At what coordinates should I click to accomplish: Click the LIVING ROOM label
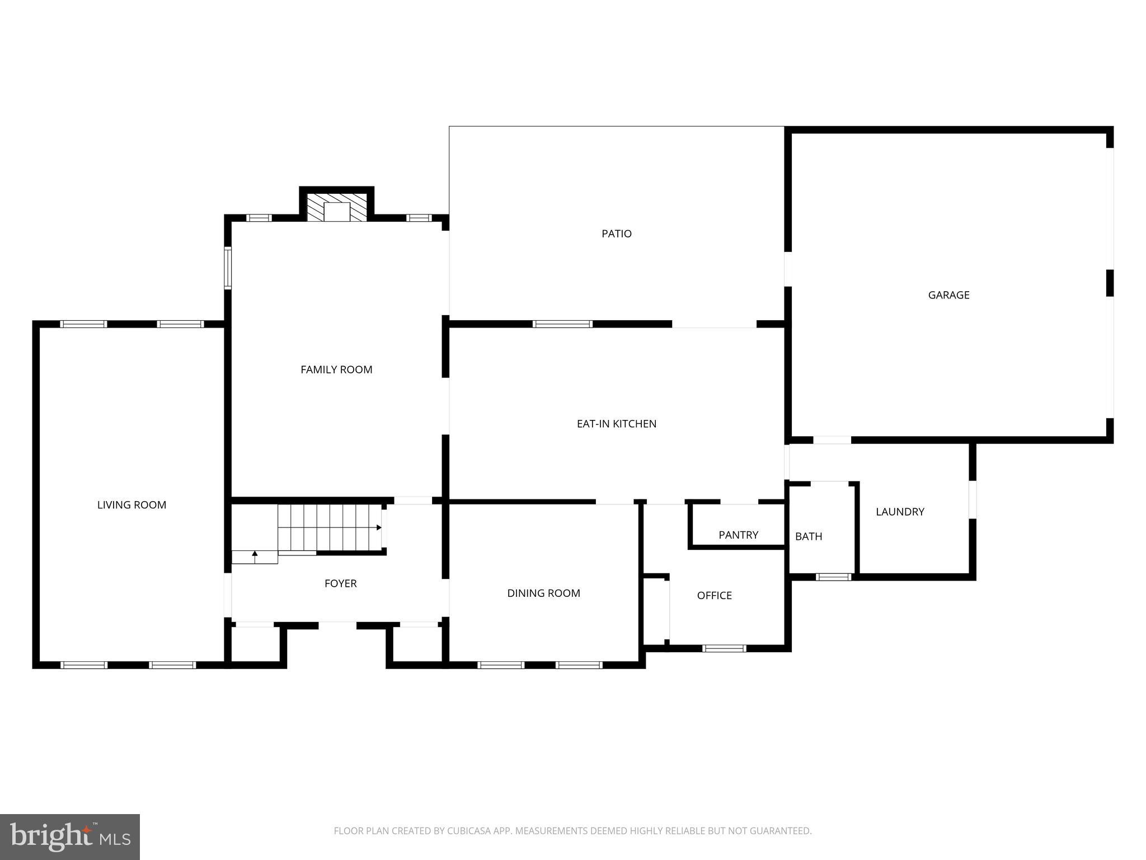point(131,505)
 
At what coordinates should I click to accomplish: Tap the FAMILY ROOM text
point(336,370)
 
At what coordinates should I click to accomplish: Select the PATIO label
point(616,233)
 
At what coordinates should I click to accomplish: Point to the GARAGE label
point(948,295)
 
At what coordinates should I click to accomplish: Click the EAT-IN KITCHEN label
point(616,424)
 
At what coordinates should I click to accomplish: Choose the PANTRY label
point(738,535)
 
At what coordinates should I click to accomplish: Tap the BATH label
point(809,536)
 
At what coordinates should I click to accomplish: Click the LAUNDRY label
point(900,512)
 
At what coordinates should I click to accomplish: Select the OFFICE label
point(714,596)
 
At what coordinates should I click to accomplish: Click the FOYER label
point(340,583)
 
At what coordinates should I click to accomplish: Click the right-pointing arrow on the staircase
point(378,527)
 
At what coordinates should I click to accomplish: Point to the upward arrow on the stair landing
point(255,556)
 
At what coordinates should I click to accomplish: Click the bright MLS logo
point(70,836)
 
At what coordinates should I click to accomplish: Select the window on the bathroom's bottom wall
point(833,577)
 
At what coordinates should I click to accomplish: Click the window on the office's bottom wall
point(724,648)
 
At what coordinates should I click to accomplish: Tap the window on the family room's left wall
point(228,268)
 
